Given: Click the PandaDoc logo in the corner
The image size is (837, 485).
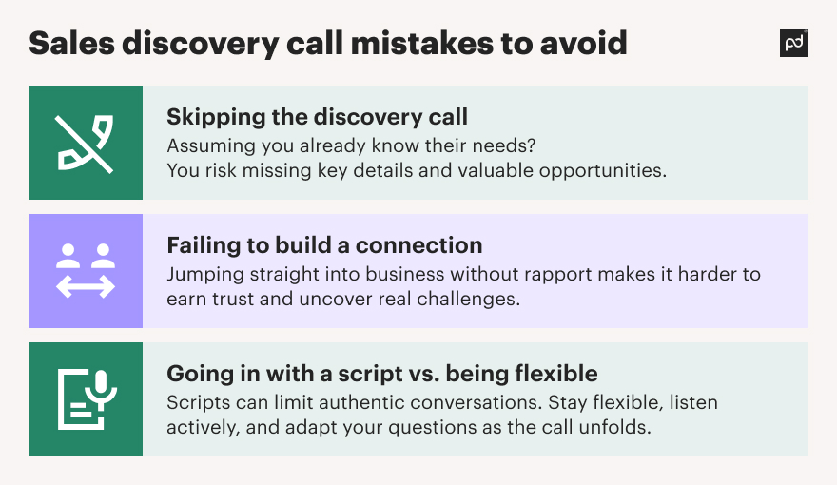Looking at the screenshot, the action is click(794, 43).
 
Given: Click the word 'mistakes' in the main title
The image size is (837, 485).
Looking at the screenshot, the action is click(421, 43).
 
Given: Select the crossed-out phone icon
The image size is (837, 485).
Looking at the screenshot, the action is click(85, 144).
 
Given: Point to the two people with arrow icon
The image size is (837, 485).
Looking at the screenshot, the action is click(86, 271).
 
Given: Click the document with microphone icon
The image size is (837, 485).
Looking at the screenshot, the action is click(87, 399).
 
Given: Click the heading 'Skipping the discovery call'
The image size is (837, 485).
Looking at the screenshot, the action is click(317, 117).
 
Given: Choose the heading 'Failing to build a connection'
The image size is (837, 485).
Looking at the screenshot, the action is click(324, 245).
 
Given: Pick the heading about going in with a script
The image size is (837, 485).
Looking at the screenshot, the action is click(382, 374).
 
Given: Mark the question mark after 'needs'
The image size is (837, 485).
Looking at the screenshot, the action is click(532, 145).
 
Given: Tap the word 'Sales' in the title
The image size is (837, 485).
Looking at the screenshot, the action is click(71, 43).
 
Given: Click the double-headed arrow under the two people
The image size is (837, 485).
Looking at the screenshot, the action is click(86, 287).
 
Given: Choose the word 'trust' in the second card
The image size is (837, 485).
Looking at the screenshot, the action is click(233, 300).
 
